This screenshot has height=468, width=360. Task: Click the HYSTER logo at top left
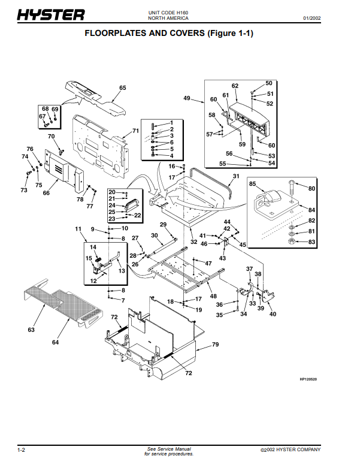51,15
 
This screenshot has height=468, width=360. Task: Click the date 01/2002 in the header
312,18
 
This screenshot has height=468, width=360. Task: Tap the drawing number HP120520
308,379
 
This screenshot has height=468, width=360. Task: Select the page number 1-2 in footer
21,450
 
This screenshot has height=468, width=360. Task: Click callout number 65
123,87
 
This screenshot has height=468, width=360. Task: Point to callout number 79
216,345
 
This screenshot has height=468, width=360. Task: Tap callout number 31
236,176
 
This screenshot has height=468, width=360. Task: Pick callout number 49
187,98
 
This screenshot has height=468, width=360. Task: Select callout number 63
31,330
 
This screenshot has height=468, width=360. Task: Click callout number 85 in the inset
253,183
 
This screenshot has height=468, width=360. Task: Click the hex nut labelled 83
292,241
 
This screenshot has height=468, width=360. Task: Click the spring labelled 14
98,260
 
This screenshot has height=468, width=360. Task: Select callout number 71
136,131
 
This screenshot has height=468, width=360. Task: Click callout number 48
213,296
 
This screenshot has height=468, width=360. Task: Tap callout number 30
154,235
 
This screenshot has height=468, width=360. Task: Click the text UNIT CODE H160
168,13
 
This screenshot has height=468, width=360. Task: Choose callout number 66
46,193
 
